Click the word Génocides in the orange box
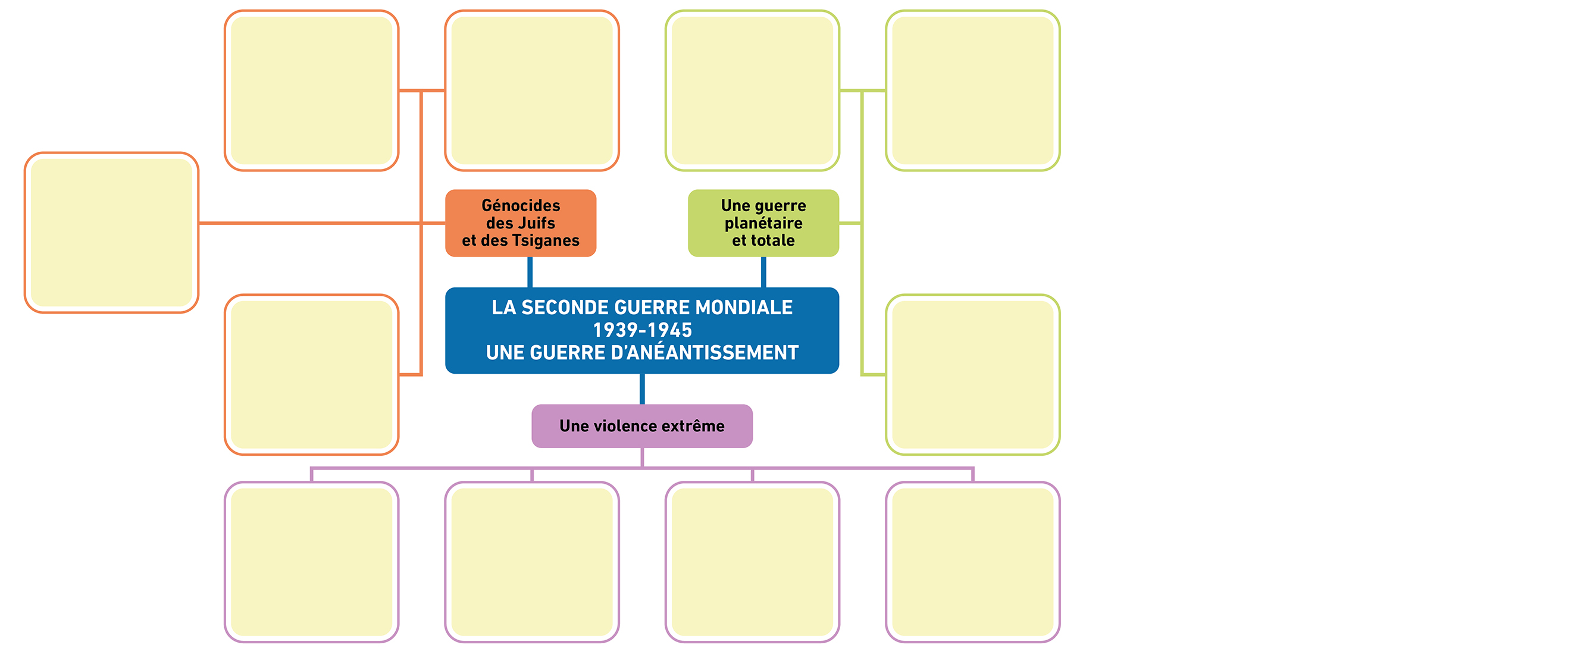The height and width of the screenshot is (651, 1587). tap(521, 205)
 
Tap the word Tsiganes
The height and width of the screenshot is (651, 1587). tap(546, 241)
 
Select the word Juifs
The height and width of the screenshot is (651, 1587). tap(536, 223)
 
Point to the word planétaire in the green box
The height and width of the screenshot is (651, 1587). tap(763, 224)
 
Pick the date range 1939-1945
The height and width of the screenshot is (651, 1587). tap(642, 330)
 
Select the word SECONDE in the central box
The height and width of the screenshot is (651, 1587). tap(566, 307)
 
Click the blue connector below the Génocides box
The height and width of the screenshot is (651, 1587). tap(530, 272)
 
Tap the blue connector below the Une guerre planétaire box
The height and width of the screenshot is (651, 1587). tap(763, 272)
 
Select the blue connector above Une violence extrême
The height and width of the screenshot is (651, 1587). tap(642, 389)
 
